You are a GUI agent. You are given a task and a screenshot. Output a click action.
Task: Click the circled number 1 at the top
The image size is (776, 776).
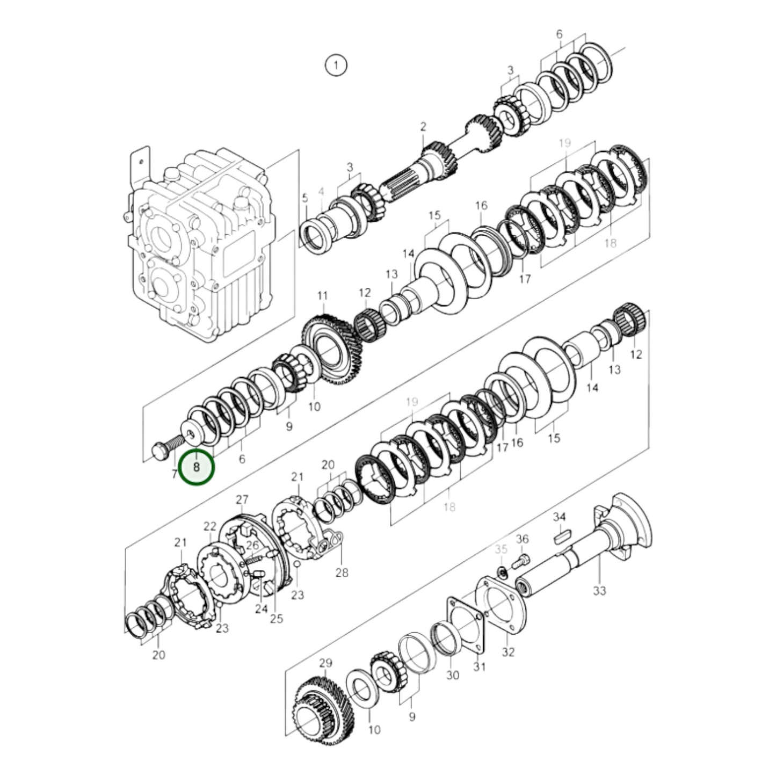336,66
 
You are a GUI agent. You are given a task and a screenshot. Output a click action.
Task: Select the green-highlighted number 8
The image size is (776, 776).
197,467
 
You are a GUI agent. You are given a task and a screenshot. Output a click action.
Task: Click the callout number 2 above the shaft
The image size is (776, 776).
423,127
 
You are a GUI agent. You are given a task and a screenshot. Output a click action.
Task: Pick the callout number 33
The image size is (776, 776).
599,590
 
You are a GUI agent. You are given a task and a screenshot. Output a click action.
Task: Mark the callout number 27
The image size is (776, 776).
242,500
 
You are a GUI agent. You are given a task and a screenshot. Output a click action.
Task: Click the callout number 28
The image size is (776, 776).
342,572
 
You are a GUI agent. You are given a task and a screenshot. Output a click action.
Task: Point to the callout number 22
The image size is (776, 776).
210,526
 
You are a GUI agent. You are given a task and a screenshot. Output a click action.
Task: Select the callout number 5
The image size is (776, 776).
305,198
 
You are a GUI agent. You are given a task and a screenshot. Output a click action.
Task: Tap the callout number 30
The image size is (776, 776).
453,674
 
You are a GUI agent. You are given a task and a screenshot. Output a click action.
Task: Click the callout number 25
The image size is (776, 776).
276,619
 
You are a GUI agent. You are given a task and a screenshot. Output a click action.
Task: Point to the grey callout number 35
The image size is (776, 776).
501,549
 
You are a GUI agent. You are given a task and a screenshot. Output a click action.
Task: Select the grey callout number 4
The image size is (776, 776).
321,191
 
